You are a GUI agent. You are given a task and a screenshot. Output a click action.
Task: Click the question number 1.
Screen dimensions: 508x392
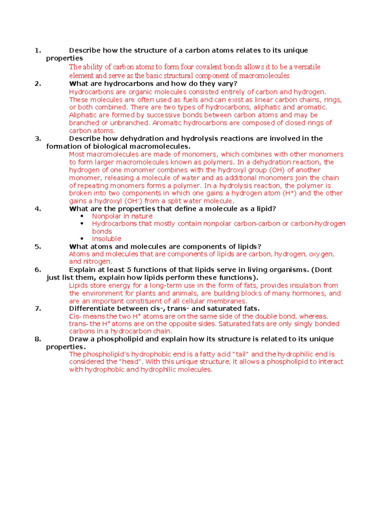point(38,50)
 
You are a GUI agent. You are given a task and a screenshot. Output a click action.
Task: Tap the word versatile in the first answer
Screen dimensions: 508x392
point(307,67)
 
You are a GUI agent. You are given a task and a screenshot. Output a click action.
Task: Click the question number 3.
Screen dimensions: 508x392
point(38,139)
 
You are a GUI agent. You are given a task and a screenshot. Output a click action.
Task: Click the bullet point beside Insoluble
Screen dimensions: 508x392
point(82,239)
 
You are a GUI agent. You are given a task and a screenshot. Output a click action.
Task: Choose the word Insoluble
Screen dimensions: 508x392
point(106,239)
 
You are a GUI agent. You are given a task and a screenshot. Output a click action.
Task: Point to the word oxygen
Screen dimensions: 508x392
point(321,254)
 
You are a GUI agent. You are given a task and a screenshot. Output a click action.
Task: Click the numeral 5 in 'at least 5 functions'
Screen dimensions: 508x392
point(129,270)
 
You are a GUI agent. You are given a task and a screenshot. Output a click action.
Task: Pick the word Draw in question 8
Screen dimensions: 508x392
point(79,339)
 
